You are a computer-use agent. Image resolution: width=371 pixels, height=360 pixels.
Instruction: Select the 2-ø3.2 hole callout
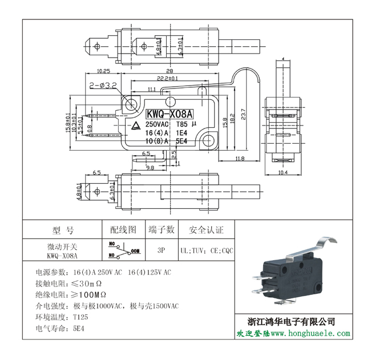pyautogui.click(x=103, y=85)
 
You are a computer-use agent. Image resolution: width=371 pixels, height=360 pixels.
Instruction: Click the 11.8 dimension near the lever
pyautogui.click(x=239, y=159)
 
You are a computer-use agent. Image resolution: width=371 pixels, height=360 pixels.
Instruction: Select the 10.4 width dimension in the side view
pyautogui.click(x=282, y=172)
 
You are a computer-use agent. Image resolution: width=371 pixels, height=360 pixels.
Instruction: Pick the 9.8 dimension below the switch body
pyautogui.click(x=150, y=168)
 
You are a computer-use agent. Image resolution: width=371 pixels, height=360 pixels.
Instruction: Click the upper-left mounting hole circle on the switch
pyautogui.click(x=132, y=104)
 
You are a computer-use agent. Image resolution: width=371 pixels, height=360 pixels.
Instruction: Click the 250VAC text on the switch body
pyautogui.click(x=158, y=124)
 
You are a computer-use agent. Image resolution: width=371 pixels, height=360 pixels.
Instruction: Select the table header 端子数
pyautogui.click(x=162, y=230)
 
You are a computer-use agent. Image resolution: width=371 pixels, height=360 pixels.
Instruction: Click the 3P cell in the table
pyautogui.click(x=162, y=250)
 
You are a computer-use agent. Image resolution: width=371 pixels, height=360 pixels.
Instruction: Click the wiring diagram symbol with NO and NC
pyautogui.click(x=123, y=249)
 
